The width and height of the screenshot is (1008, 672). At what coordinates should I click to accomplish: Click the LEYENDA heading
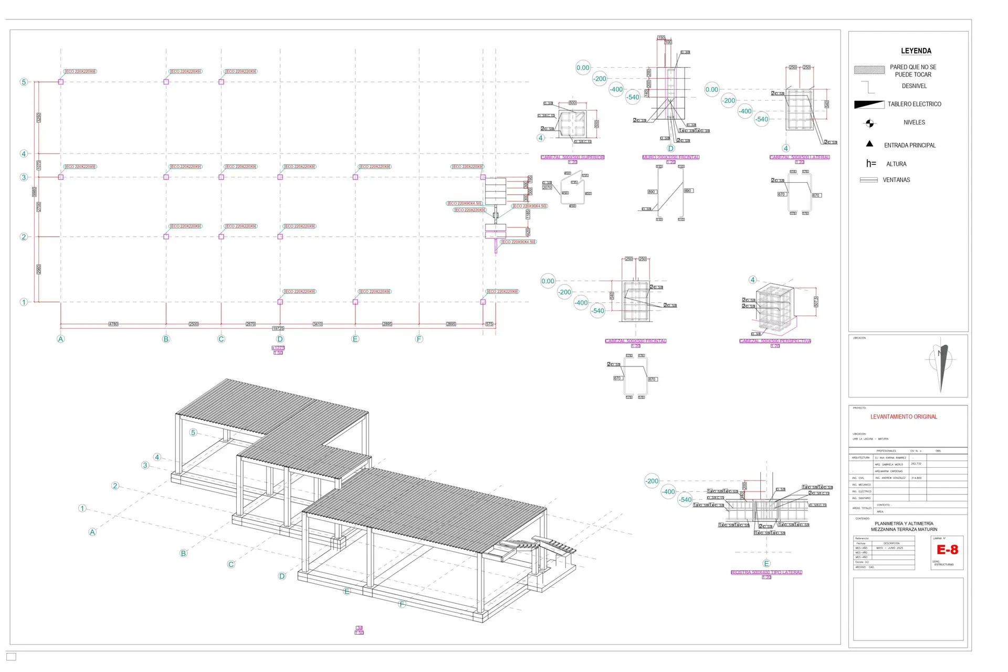(x=916, y=51)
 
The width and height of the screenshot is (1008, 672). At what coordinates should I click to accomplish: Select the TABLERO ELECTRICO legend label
(x=914, y=104)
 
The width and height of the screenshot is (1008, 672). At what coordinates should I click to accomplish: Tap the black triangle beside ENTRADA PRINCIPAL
(x=869, y=144)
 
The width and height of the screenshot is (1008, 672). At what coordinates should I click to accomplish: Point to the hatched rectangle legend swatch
(x=869, y=70)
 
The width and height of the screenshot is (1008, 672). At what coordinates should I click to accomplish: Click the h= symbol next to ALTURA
(x=871, y=164)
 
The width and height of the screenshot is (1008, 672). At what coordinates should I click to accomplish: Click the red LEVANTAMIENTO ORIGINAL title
(x=904, y=417)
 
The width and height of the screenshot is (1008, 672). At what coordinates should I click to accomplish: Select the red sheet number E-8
(x=947, y=550)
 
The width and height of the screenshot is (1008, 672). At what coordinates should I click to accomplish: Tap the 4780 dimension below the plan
(x=113, y=324)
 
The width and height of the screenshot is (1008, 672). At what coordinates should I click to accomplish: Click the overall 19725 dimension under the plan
(x=278, y=329)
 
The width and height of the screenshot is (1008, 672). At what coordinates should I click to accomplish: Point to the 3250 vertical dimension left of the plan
(x=38, y=118)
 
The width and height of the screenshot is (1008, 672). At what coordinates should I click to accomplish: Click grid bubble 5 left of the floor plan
(x=24, y=82)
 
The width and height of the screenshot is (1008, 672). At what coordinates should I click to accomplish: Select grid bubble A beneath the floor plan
(x=61, y=339)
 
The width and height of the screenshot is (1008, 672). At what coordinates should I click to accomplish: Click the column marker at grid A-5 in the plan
(x=61, y=82)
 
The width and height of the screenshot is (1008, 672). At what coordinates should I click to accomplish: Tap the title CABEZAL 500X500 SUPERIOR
(x=572, y=157)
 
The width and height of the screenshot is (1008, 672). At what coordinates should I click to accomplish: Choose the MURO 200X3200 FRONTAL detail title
(x=670, y=157)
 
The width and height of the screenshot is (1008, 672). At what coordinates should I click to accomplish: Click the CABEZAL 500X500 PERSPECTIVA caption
(x=775, y=341)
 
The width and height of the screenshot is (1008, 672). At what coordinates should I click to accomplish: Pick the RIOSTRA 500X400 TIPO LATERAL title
(x=766, y=572)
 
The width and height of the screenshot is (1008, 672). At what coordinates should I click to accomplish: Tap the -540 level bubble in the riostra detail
(x=685, y=499)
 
